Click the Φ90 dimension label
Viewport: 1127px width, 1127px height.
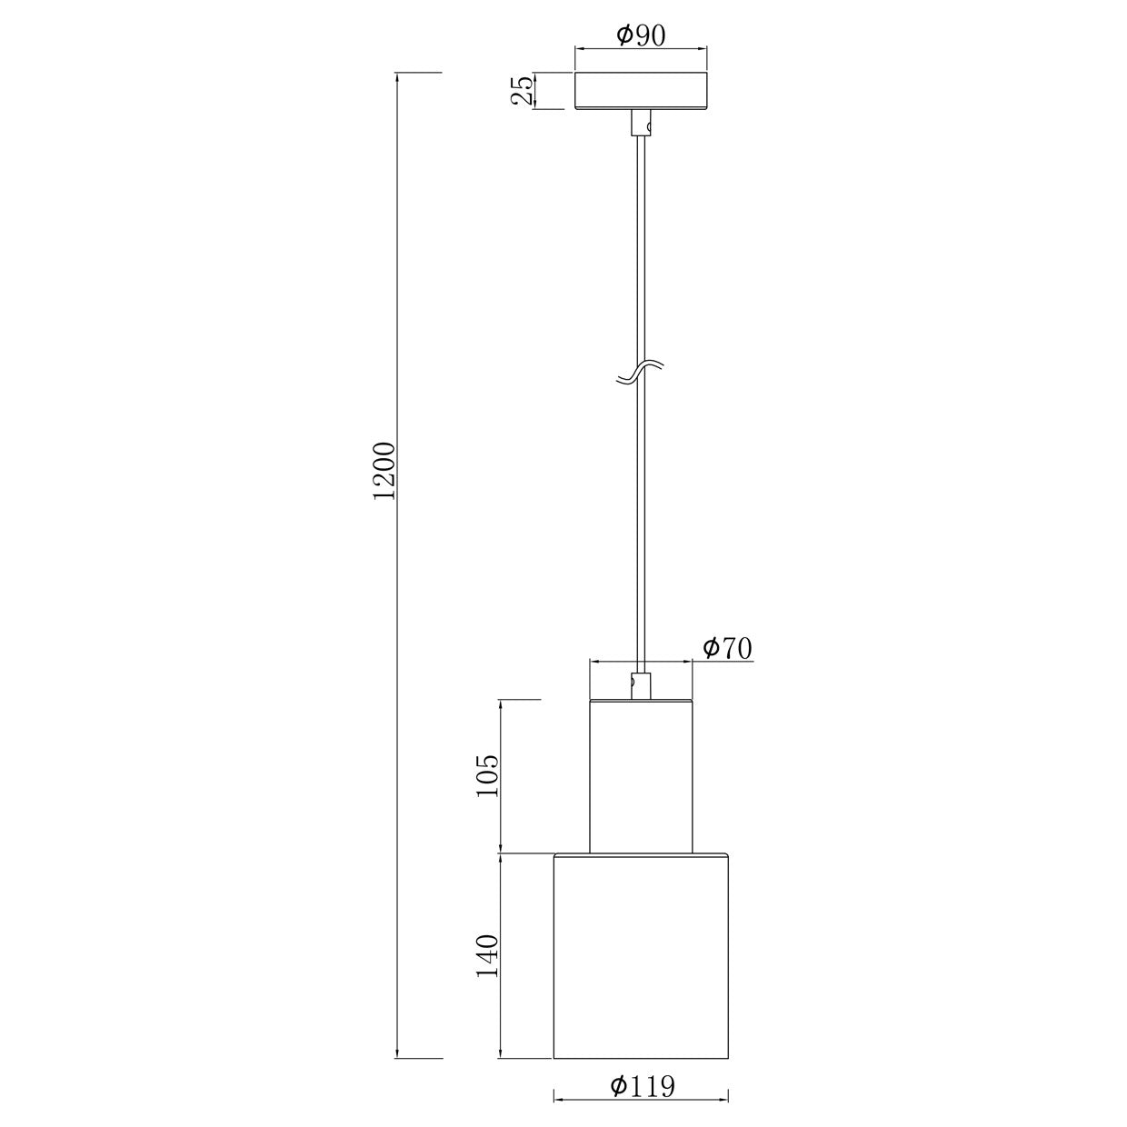(641, 35)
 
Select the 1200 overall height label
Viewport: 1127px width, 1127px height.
(384, 471)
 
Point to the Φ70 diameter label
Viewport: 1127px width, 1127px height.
(727, 648)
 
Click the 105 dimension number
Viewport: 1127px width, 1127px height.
(488, 775)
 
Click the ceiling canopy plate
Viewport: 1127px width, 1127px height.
(641, 91)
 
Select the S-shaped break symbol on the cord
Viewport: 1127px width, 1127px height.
(641, 372)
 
